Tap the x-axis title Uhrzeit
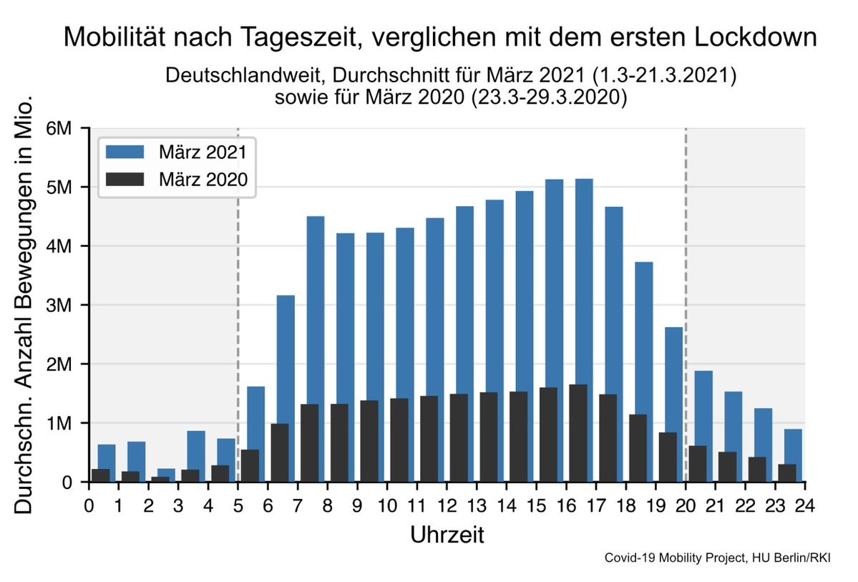click(447, 535)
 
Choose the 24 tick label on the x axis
click(805, 505)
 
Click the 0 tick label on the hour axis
click(89, 505)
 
